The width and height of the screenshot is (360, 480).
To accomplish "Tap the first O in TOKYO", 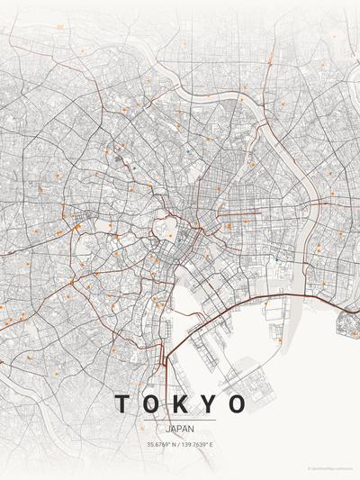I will pos(151,403).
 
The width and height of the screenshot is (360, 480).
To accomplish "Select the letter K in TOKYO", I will pos(180,403).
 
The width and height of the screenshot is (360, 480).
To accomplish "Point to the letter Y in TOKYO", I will pos(209,403).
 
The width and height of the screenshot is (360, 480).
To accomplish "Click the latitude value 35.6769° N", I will pos(163,445).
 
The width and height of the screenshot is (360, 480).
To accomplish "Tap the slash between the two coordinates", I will pos(180,445).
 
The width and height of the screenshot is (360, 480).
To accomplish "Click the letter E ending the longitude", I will pos(212,445).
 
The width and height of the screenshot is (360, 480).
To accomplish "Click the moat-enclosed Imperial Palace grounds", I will pos(167,225).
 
